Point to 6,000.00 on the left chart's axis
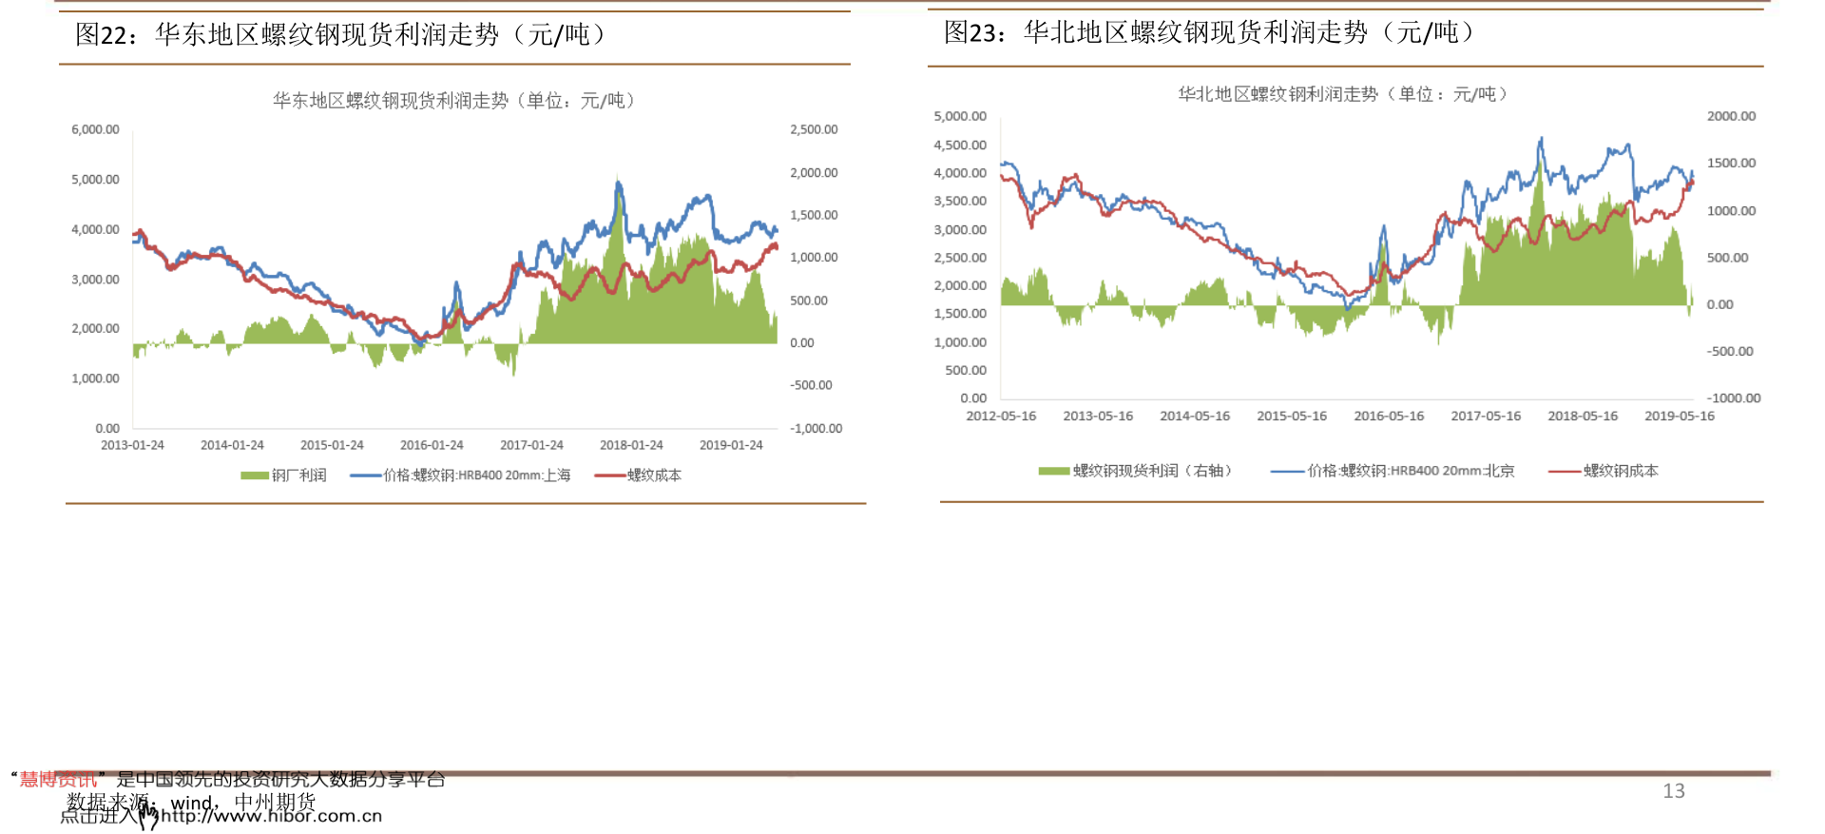95,129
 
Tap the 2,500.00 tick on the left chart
814,129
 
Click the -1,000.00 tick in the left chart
816,429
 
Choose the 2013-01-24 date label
132,445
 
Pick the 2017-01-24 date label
531,445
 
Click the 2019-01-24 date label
731,445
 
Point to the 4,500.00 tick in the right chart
960,145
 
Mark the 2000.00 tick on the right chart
1731,116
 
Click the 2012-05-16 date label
1001,417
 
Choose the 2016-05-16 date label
1389,417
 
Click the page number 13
1673,791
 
